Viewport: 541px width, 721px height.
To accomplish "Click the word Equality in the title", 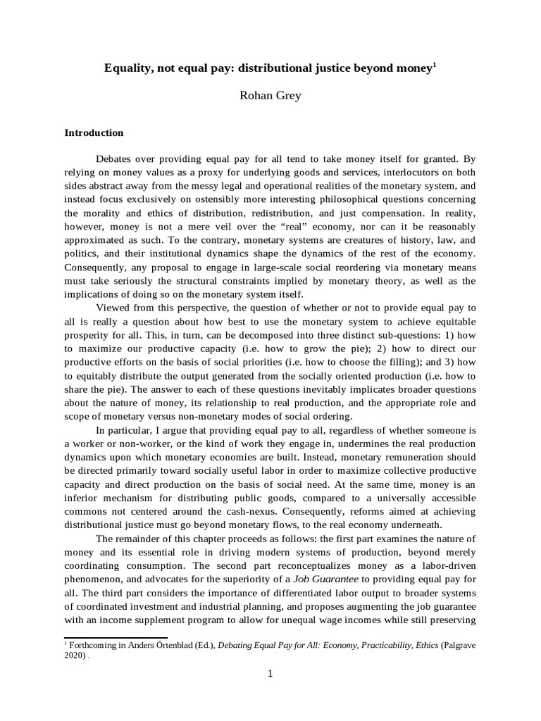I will coord(128,68).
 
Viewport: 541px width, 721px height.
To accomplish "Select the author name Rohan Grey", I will coord(270,95).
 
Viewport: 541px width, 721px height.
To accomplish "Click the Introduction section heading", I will coord(94,132).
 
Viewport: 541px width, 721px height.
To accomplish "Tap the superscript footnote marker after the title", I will coord(435,65).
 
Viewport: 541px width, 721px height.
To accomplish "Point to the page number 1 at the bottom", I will coord(270,673).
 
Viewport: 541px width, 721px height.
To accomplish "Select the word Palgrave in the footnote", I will coord(458,645).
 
